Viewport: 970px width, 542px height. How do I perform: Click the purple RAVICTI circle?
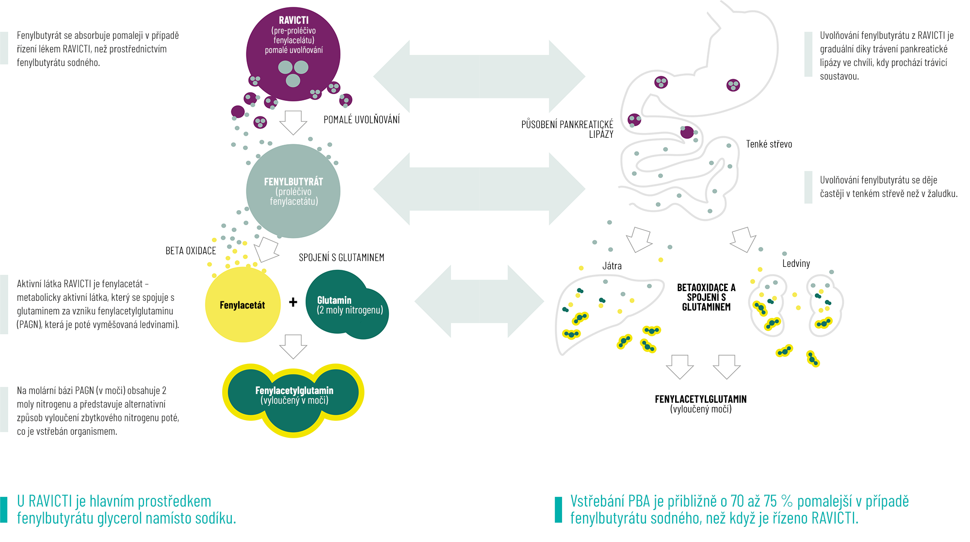coord(293,53)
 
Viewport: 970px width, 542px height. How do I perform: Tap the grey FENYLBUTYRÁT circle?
coord(293,191)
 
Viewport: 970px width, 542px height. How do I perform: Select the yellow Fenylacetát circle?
coord(242,305)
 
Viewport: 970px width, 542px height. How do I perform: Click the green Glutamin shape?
coord(347,305)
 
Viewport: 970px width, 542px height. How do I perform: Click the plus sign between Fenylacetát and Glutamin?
coord(293,302)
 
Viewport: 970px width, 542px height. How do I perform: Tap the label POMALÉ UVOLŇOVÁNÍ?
coord(361,120)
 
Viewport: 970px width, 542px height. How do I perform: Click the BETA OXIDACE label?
coord(191,251)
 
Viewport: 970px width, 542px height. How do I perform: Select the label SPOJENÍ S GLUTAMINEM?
coord(341,258)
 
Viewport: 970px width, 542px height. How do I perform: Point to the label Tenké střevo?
coord(769,144)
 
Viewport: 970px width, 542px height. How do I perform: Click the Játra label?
coord(612,266)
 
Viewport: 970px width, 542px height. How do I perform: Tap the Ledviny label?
coord(796,263)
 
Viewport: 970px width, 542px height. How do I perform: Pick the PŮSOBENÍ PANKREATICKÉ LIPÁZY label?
coord(567,129)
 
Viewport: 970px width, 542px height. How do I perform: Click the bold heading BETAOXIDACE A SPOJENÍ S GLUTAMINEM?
coord(706,297)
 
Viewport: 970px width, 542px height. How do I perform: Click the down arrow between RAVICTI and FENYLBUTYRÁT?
coord(293,122)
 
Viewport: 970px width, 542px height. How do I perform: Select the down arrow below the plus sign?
coord(293,346)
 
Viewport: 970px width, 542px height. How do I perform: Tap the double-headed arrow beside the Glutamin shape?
coord(479,301)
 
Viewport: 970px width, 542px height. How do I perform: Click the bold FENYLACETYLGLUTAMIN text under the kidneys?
coord(700,399)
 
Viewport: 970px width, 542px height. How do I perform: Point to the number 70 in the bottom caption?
coord(737,501)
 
